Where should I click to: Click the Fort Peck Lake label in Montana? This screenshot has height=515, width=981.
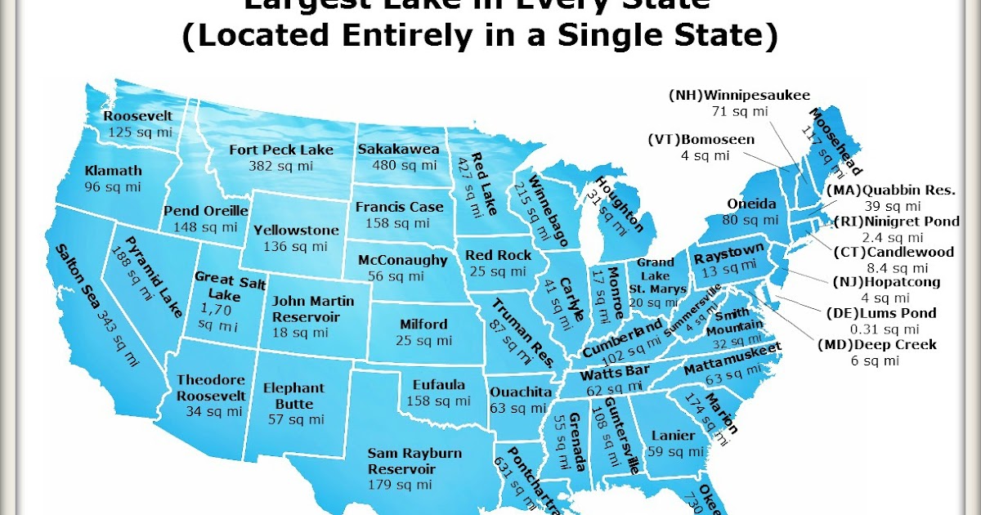click(281, 150)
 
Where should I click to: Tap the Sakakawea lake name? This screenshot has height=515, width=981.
click(398, 150)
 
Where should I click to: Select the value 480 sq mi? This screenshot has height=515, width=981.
click(398, 165)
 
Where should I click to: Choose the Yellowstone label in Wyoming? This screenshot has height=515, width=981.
click(290, 231)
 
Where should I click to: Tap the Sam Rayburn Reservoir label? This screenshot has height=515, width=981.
click(414, 460)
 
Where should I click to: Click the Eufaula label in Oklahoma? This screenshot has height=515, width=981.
click(434, 385)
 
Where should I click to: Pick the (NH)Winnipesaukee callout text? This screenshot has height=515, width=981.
click(739, 94)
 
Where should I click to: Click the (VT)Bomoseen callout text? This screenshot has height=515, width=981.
click(701, 140)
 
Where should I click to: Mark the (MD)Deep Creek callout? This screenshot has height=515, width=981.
click(877, 345)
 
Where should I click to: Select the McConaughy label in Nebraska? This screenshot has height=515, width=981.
click(403, 261)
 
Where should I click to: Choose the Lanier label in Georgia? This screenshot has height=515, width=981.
click(674, 435)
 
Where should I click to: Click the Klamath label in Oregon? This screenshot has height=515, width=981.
click(113, 171)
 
